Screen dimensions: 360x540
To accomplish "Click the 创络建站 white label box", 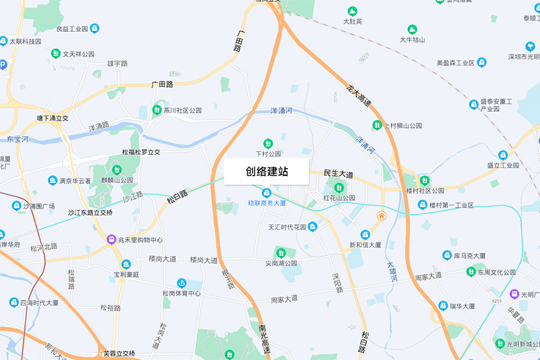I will point(266,172).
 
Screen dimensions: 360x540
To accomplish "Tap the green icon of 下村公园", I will point(268,143).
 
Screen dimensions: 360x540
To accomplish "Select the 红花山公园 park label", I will point(340,197).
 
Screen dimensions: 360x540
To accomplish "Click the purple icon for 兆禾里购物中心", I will point(111,239).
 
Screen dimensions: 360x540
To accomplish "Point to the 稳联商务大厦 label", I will point(267,203).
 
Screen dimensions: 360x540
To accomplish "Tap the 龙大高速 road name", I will point(359,97).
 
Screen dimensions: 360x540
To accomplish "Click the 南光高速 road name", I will point(264,339).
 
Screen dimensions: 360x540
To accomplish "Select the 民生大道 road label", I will point(338,173).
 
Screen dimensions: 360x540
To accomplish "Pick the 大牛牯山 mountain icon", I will point(412,29).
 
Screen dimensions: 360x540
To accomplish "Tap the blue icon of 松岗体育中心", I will point(181,283).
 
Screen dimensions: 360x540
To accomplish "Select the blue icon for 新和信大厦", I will point(365,234).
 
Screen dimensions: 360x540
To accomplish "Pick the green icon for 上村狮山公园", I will point(377,125).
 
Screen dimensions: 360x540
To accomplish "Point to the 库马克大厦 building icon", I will point(446,256).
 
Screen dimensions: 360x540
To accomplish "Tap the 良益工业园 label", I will point(72,28).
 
